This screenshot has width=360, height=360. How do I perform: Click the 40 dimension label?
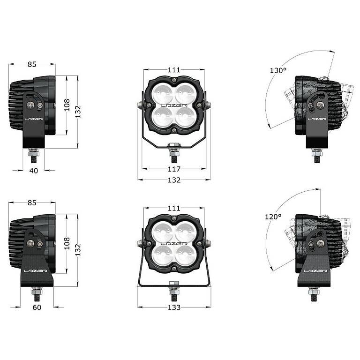pyautogui.click(x=34, y=171)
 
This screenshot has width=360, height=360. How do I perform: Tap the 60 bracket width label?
pyautogui.click(x=37, y=307)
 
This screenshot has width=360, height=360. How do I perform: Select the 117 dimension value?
pyautogui.click(x=174, y=169)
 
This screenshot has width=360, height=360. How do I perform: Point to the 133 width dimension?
pyautogui.click(x=174, y=307)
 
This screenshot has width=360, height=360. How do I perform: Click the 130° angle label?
pyautogui.click(x=278, y=70)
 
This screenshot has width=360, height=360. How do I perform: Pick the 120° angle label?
pyautogui.click(x=273, y=217)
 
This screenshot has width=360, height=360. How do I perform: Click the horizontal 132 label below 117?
pyautogui.click(x=174, y=180)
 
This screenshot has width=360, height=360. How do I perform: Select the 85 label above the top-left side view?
pyautogui.click(x=32, y=65)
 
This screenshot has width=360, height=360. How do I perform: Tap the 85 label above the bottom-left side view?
pyautogui.click(x=32, y=202)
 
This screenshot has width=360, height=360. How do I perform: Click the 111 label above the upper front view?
pyautogui.click(x=174, y=69)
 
